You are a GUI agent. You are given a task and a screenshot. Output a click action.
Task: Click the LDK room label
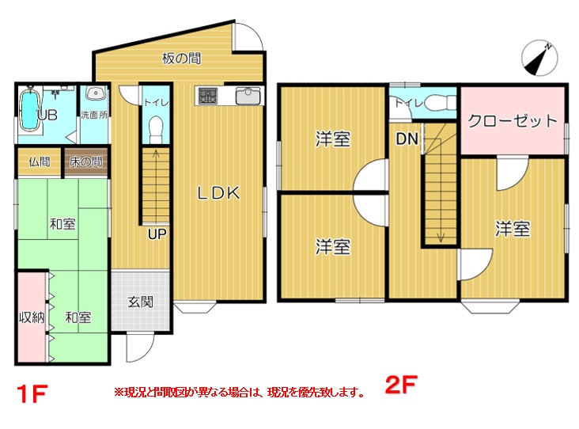click(x=218, y=193)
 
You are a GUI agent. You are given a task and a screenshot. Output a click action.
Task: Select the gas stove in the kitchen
click(x=206, y=96)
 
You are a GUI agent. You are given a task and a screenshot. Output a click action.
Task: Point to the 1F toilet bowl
click(x=156, y=129)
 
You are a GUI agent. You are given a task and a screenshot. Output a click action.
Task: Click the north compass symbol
click(x=539, y=58)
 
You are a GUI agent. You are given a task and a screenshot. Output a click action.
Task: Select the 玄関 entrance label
click(x=140, y=302)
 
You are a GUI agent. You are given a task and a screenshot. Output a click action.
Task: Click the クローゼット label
click(x=513, y=121)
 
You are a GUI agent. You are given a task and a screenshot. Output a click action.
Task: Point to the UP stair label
click(x=157, y=234)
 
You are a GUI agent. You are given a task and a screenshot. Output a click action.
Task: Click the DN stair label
click(x=407, y=139)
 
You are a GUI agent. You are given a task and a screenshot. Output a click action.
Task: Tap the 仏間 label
click(x=40, y=161)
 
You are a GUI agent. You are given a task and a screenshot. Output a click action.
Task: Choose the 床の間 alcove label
click(x=86, y=161)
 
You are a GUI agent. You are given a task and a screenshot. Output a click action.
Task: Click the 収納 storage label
click(x=32, y=317)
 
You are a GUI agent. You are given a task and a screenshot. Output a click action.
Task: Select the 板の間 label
click(x=181, y=59)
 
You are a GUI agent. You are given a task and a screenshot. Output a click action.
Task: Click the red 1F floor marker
click(x=32, y=393)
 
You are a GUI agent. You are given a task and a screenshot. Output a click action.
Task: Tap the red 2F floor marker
click(x=401, y=385)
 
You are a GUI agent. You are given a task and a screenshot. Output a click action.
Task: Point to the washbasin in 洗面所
click(x=95, y=93)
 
